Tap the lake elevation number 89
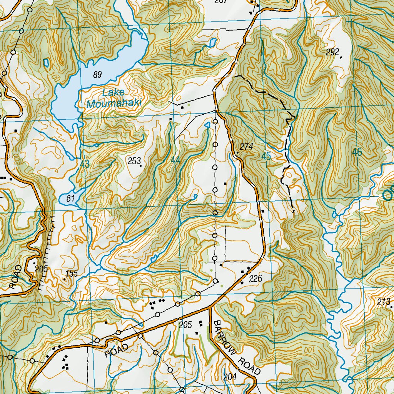pyautogui.click(x=97, y=75)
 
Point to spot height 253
pyautogui.click(x=134, y=161)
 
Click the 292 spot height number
pyautogui.click(x=332, y=52)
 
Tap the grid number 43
pyautogui.click(x=85, y=164)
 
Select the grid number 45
pyautogui.click(x=266, y=156)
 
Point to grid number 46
pyautogui.click(x=357, y=152)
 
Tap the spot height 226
pyautogui.click(x=255, y=279)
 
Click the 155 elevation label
pyautogui.click(x=72, y=274)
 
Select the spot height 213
pyautogui.click(x=384, y=301)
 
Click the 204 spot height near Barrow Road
pyautogui.click(x=230, y=377)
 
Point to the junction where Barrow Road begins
pyautogui.click(x=210, y=307)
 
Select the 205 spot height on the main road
pyautogui.click(x=185, y=325)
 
